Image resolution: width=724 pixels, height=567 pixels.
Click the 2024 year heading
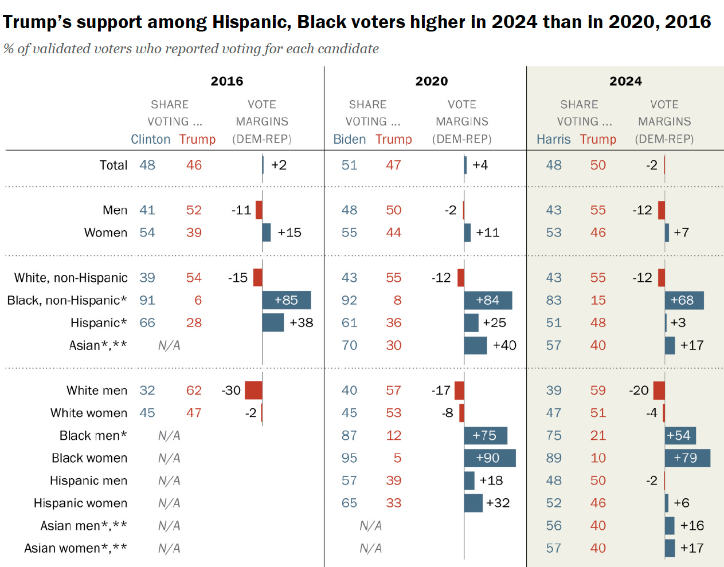[x=625, y=81]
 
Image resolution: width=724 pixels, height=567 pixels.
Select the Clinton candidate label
[x=150, y=139]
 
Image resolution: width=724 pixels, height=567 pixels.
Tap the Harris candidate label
[x=553, y=139]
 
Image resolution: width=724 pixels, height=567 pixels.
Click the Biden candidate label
[x=349, y=139]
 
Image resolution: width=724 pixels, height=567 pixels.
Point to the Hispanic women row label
[x=80, y=503]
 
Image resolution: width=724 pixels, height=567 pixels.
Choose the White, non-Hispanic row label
[x=71, y=278]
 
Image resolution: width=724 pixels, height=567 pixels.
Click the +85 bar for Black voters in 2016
[x=286, y=300]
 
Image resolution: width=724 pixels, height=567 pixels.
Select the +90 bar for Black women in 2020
[x=490, y=458]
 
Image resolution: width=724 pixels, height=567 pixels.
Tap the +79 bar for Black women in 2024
[x=687, y=458]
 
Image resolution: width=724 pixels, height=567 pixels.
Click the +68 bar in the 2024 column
[x=684, y=300]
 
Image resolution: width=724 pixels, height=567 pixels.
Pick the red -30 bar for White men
[x=253, y=390]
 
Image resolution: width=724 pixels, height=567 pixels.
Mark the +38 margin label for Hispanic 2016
[x=302, y=322]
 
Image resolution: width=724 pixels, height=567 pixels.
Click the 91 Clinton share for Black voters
[x=147, y=300]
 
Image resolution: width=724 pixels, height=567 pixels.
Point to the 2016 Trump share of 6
[x=198, y=300]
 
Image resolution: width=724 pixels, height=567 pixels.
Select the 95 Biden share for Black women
[x=349, y=458]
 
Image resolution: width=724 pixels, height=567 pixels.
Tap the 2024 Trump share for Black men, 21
[x=598, y=435]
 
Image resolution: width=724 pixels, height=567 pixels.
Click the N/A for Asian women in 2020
[x=370, y=548]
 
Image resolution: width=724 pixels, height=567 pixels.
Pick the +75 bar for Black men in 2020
[x=486, y=435]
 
